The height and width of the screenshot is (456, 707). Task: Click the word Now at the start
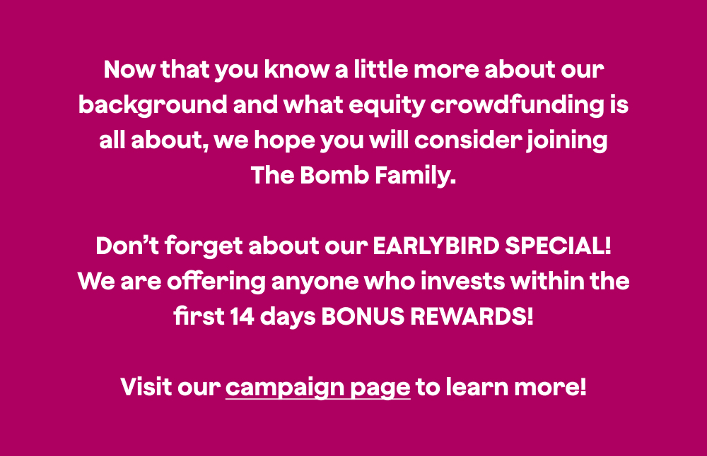click(x=129, y=70)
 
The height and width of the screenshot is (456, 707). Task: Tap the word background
click(x=153, y=106)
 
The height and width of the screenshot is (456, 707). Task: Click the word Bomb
click(x=334, y=175)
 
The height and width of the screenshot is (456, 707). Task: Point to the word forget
click(x=204, y=247)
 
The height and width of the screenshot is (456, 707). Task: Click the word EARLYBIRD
click(x=436, y=246)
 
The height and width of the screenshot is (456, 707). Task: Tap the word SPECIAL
click(x=558, y=246)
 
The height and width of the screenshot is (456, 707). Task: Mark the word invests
click(x=462, y=282)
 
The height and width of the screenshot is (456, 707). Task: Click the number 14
click(x=242, y=316)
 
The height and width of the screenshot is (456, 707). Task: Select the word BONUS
click(x=363, y=316)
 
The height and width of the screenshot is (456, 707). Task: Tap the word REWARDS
click(x=472, y=316)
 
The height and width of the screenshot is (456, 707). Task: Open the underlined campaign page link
click(x=318, y=388)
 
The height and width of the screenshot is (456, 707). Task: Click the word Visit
click(x=146, y=387)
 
